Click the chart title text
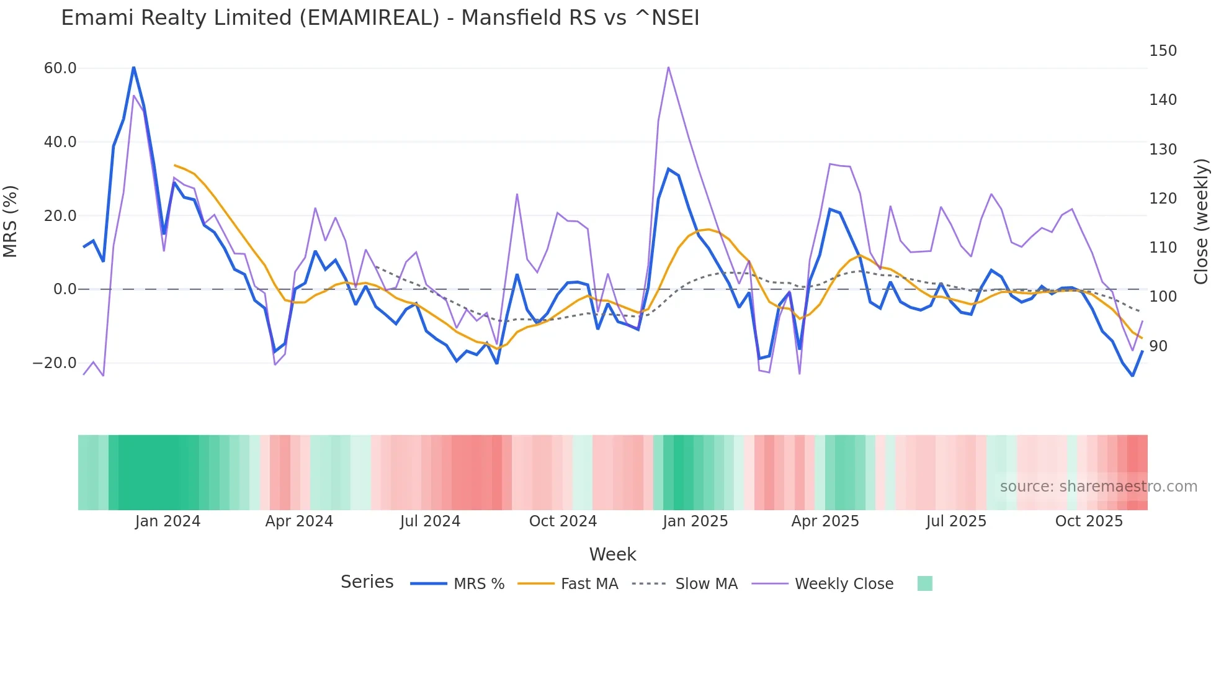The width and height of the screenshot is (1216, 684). tap(380, 18)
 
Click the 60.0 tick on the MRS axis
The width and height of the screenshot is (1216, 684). tap(60, 68)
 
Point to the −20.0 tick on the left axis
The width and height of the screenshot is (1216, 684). tap(55, 363)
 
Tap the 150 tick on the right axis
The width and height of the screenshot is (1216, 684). tap(1162, 51)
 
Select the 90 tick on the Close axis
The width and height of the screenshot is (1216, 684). tap(1158, 346)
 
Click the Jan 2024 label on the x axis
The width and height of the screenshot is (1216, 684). tap(168, 521)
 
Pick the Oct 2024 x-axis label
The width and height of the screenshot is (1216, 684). tap(563, 521)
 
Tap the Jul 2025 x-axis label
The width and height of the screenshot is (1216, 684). tap(956, 521)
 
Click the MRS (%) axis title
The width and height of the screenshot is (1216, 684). tap(10, 221)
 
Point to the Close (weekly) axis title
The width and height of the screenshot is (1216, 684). tap(1201, 221)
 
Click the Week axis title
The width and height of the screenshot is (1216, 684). tap(612, 554)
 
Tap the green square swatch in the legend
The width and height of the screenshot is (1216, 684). tap(924, 583)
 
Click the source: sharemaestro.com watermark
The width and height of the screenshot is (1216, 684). tap(1098, 487)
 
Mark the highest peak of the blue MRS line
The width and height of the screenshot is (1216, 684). tap(133, 67)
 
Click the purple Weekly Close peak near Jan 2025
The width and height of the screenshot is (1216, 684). tap(668, 67)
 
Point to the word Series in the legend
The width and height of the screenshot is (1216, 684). tap(367, 582)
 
